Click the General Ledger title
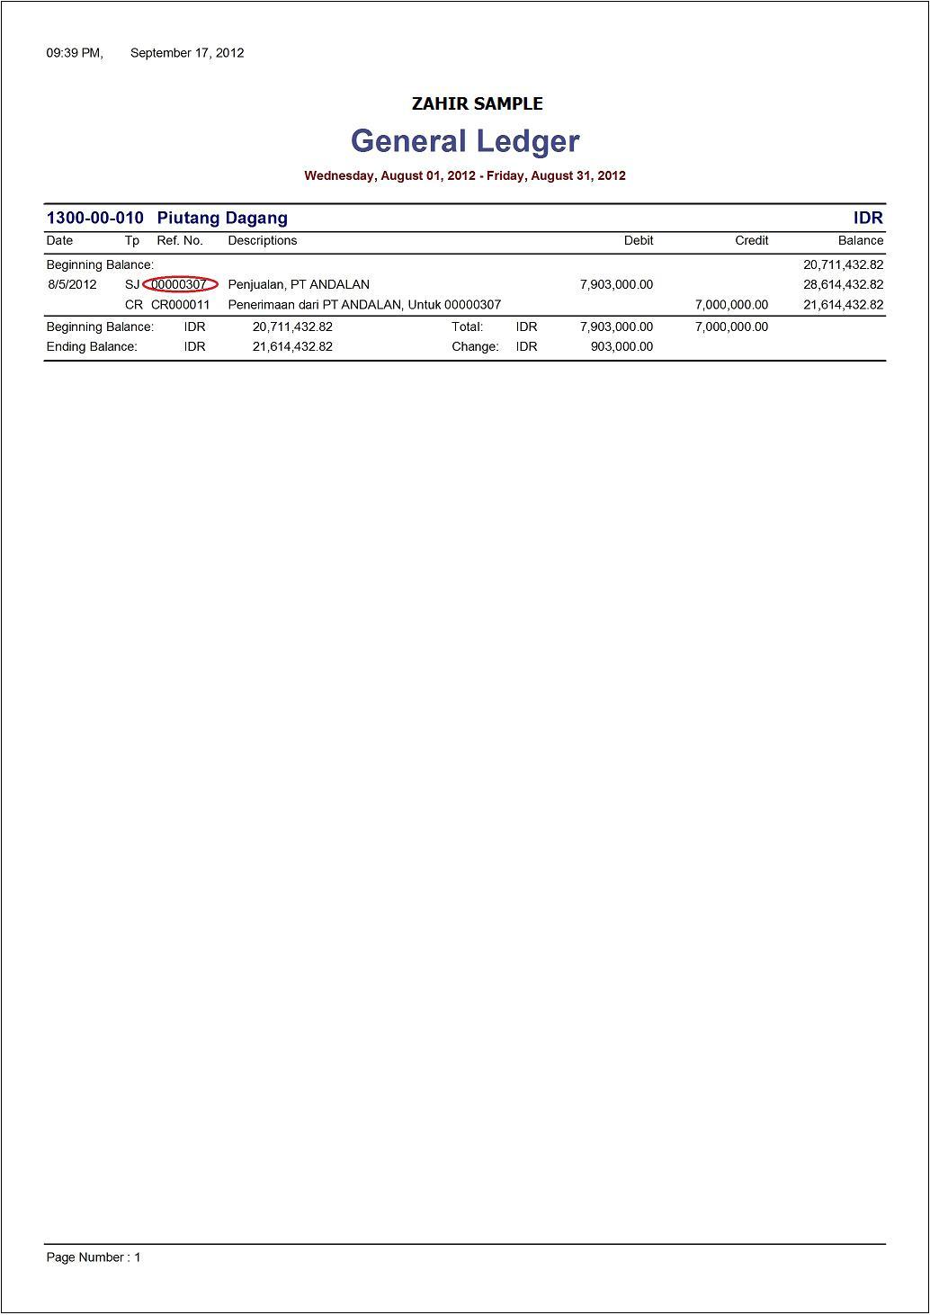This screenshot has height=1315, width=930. point(465,141)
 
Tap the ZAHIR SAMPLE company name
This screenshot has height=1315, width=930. point(477,103)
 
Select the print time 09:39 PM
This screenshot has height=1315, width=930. point(75,53)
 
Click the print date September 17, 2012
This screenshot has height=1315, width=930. point(187,53)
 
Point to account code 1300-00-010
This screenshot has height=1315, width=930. point(94,218)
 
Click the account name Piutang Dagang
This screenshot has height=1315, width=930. point(222,218)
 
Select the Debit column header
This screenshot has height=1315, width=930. point(639,240)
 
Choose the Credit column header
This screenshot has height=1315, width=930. point(751,240)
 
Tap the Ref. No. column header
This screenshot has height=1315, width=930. point(180,240)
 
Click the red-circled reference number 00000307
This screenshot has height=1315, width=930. point(180,284)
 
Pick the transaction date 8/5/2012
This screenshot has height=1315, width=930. point(72,284)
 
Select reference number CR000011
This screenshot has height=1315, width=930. point(180,305)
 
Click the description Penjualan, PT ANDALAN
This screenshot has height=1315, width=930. point(299,284)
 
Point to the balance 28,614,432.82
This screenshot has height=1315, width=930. point(843,284)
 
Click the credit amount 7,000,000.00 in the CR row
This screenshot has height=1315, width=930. point(731,305)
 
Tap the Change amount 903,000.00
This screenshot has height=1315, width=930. point(621,346)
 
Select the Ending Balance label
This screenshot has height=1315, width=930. point(92,346)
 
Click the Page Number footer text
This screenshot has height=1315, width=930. point(94,1257)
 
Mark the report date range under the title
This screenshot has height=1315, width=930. point(465,175)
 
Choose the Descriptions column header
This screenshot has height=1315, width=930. point(263,240)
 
